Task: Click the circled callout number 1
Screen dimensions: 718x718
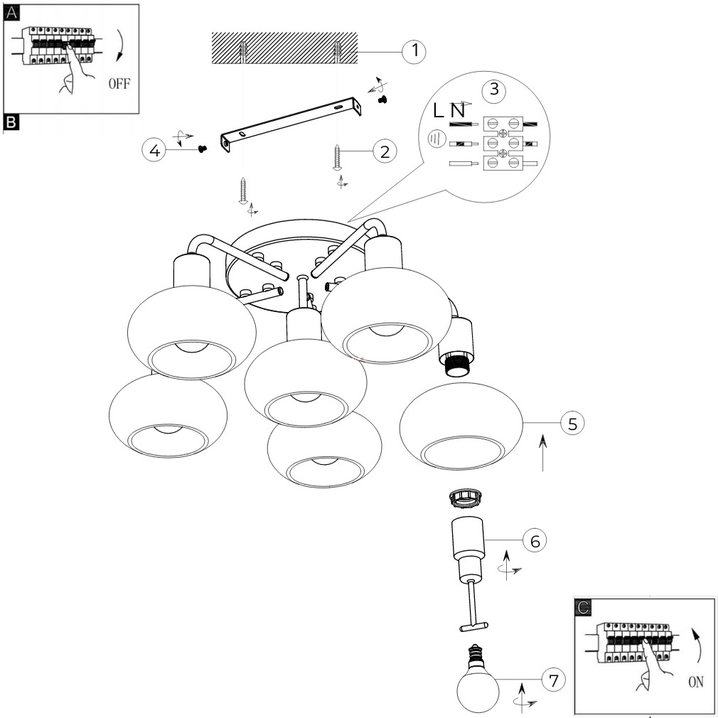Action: pyautogui.click(x=414, y=51)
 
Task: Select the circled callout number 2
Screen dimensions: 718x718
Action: pyautogui.click(x=385, y=151)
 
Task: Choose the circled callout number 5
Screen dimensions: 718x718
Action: pyautogui.click(x=572, y=423)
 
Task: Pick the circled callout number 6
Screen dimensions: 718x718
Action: pyautogui.click(x=535, y=540)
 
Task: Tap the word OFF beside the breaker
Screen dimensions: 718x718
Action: pyautogui.click(x=119, y=84)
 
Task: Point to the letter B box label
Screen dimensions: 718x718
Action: pyautogui.click(x=11, y=122)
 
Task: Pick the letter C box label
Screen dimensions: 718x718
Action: pyautogui.click(x=583, y=606)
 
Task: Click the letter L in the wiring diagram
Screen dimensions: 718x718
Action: pyautogui.click(x=439, y=110)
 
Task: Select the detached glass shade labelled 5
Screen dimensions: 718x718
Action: pyautogui.click(x=462, y=427)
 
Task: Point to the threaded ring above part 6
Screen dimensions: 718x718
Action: pyautogui.click(x=465, y=500)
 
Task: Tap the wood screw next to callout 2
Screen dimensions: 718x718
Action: pyautogui.click(x=337, y=156)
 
